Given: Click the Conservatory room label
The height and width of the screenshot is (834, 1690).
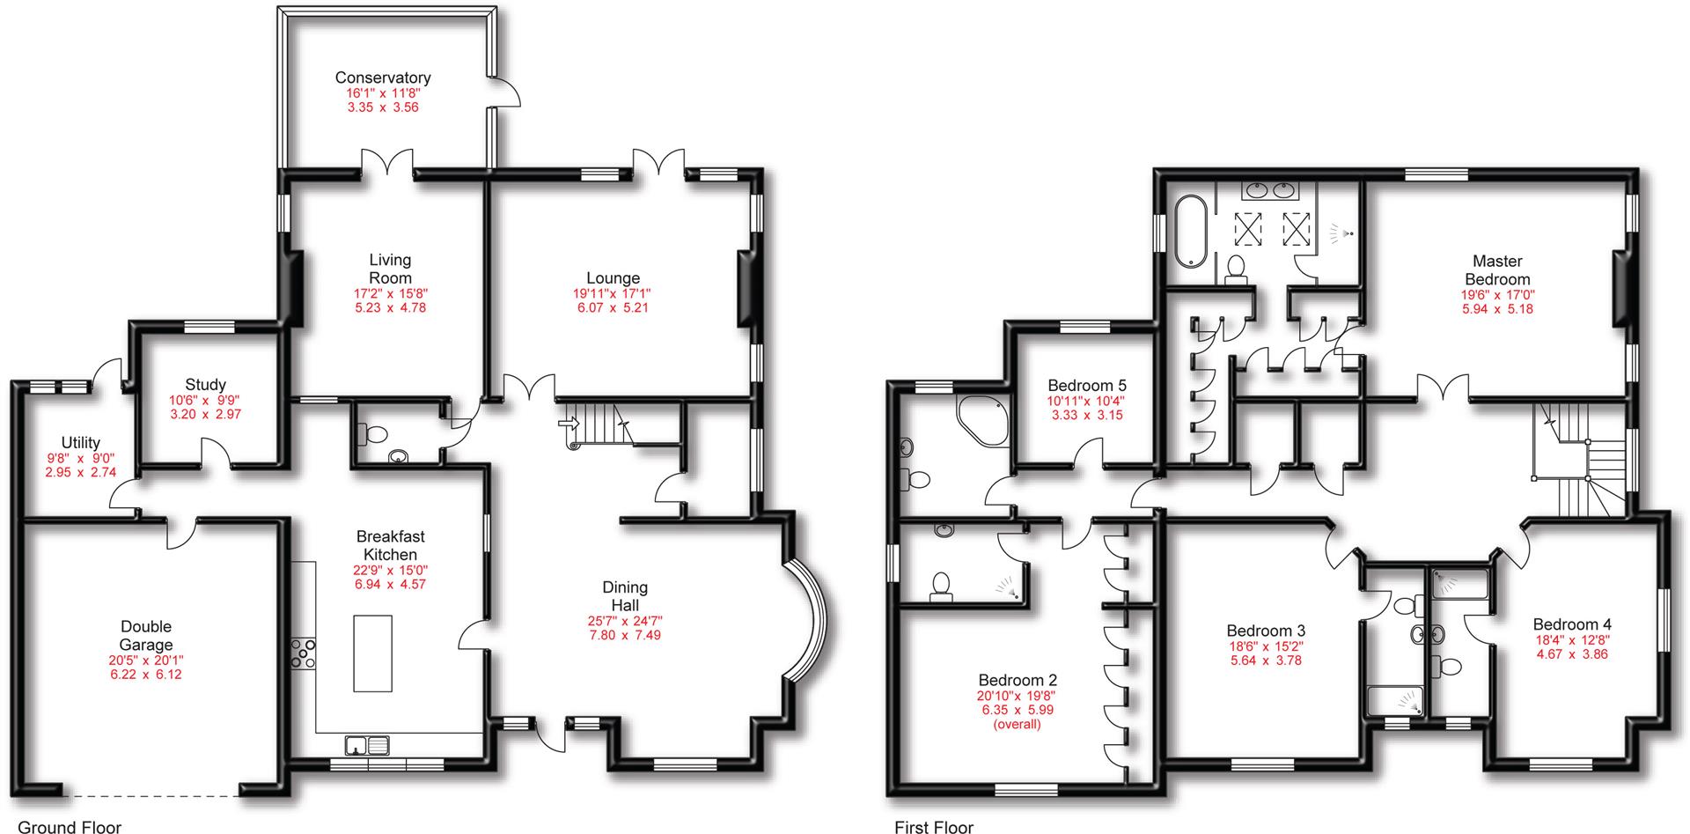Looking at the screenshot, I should coord(383,77).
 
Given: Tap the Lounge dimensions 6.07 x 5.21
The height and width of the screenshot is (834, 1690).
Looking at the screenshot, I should coord(612,308).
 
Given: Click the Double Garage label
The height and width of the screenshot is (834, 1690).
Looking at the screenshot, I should coord(146,635).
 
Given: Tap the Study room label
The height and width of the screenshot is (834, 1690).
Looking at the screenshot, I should coord(205,385).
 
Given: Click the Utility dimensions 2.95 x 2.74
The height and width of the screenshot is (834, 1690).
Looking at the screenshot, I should coord(80,472).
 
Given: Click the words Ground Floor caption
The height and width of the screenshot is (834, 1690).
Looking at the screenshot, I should coord(70,826).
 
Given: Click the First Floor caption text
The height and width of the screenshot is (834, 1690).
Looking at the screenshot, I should coord(934,826).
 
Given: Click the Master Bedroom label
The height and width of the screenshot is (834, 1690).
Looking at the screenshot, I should coord(1497,269).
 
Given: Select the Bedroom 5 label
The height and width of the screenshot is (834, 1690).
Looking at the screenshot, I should coord(1086,386).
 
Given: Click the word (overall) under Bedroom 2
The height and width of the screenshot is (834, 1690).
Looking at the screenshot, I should coord(1017,725).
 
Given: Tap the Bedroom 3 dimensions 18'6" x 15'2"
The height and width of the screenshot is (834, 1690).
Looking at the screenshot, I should coord(1266,646).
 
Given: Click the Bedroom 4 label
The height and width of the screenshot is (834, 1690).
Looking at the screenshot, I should coord(1572,624).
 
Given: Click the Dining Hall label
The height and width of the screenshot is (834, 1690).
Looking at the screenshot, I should coord(625,596).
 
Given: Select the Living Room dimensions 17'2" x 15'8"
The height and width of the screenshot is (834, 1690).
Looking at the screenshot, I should coord(390,293).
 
